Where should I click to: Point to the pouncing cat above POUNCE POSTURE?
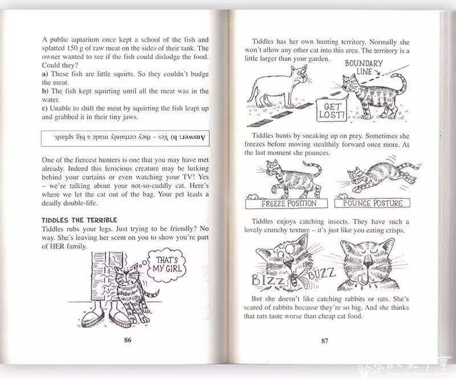coord(376,177)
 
